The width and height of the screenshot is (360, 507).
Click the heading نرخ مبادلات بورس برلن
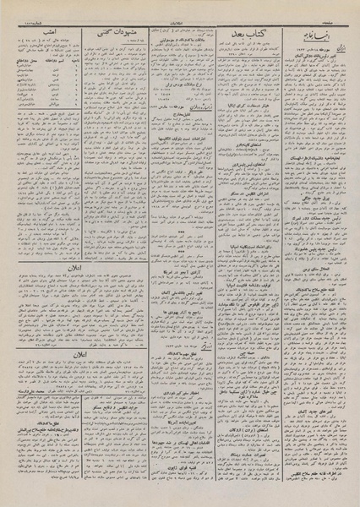(180, 85)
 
